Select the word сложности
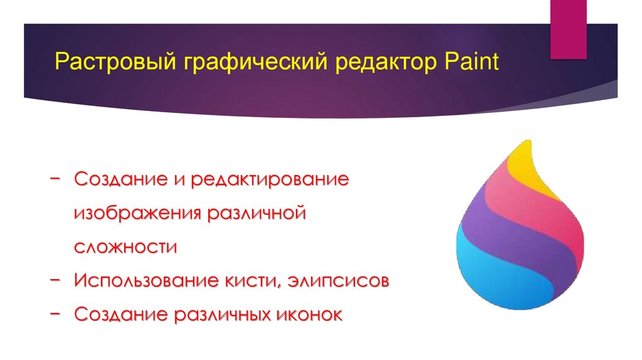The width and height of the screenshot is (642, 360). (125, 247)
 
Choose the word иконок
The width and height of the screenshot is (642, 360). (310, 314)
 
